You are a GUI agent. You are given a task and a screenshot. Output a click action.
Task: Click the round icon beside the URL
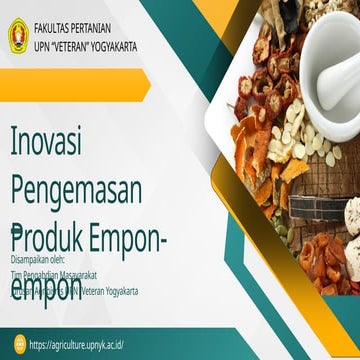[x=18, y=345]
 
